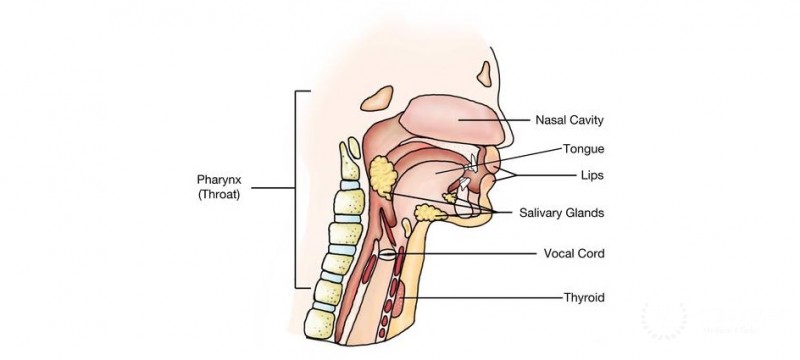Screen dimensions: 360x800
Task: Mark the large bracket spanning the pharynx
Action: (x=296, y=188)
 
